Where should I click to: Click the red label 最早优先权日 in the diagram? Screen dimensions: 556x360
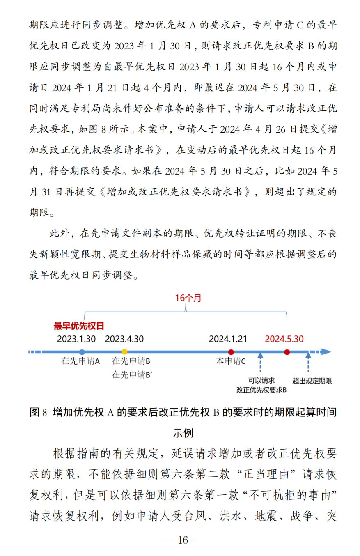click(78, 326)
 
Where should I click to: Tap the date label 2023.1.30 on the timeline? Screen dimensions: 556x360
click(76, 339)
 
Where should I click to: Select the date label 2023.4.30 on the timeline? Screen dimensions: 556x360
click(124, 339)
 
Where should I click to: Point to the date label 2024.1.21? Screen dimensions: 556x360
click(228, 339)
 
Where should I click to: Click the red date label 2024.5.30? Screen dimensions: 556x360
click(284, 339)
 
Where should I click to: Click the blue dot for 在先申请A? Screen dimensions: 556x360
click(82, 352)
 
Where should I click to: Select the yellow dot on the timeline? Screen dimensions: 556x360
click(124, 352)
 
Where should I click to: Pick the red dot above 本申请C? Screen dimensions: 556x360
click(231, 352)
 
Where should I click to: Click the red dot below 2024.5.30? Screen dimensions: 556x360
click(287, 352)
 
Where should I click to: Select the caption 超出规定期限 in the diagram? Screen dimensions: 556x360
click(312, 381)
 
